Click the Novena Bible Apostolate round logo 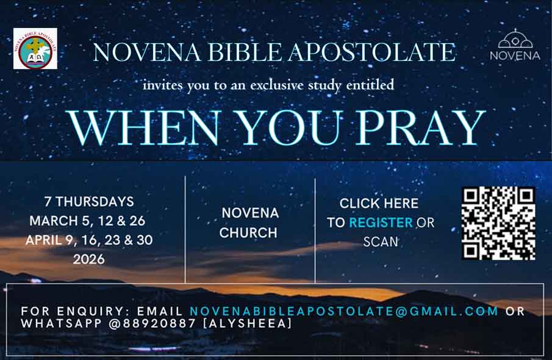click(x=35, y=49)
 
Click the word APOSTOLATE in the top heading click(x=372, y=52)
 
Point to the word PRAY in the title click(x=421, y=128)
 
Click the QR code click(x=498, y=223)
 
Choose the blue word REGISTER click(x=381, y=223)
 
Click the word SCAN click(x=381, y=242)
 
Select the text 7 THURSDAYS click(x=89, y=202)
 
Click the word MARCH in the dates click(x=54, y=221)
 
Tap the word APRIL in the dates click(x=44, y=240)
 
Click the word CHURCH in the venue click(x=248, y=233)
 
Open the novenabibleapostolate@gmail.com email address click(x=344, y=311)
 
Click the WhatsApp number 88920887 click(x=159, y=323)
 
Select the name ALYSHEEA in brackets click(x=248, y=323)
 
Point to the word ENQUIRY click(x=93, y=311)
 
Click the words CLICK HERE click(x=379, y=204)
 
